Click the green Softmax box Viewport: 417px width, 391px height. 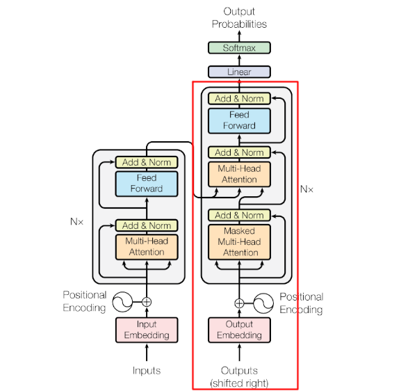239,48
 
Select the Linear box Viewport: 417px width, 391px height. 239,72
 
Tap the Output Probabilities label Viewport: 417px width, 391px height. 239,18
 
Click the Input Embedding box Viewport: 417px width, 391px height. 147,330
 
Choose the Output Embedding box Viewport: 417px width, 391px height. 239,330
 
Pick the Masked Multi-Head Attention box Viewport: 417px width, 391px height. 239,242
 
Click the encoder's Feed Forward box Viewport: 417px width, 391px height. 147,184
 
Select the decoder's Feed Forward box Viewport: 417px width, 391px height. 239,120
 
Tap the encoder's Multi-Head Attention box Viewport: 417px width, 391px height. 147,247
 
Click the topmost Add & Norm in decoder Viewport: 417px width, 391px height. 239,99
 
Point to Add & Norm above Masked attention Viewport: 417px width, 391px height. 239,215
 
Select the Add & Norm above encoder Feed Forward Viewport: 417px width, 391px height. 147,162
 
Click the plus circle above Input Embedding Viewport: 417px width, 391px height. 147,302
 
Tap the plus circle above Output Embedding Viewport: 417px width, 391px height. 239,303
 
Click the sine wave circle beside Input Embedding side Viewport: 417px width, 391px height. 122,302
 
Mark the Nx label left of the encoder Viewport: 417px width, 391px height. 76,221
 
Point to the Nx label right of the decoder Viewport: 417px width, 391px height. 306,189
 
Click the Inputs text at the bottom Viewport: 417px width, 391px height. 147,371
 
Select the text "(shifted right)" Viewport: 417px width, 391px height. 239,383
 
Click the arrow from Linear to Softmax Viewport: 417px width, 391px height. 239,60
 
